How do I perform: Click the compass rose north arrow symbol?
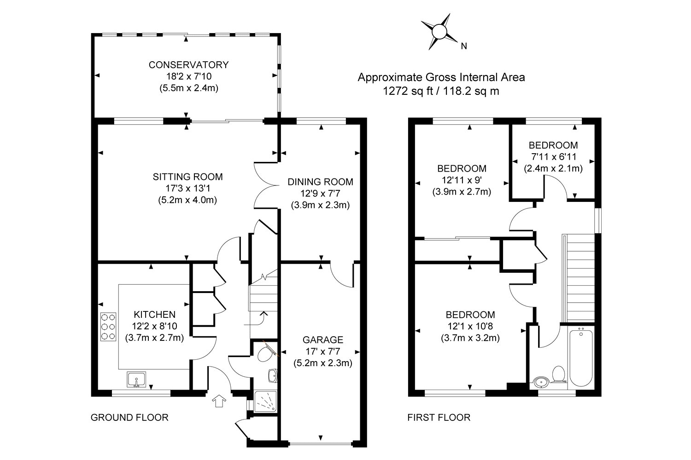tap(439, 32)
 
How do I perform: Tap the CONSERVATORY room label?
tap(186, 64)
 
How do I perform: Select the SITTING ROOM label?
tap(188, 177)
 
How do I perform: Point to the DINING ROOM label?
tap(320, 182)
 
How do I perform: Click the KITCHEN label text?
tap(154, 315)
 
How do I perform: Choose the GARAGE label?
tap(322, 340)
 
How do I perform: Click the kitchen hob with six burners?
tap(108, 327)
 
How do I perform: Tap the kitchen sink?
tap(136, 379)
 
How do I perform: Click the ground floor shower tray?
tap(264, 403)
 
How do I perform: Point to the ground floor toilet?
tap(265, 354)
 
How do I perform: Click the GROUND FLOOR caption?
tap(129, 418)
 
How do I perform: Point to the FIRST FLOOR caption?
tap(439, 418)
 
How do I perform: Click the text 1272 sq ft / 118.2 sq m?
tap(441, 91)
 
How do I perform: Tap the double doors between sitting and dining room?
tap(266, 184)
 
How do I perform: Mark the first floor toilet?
tap(559, 375)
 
